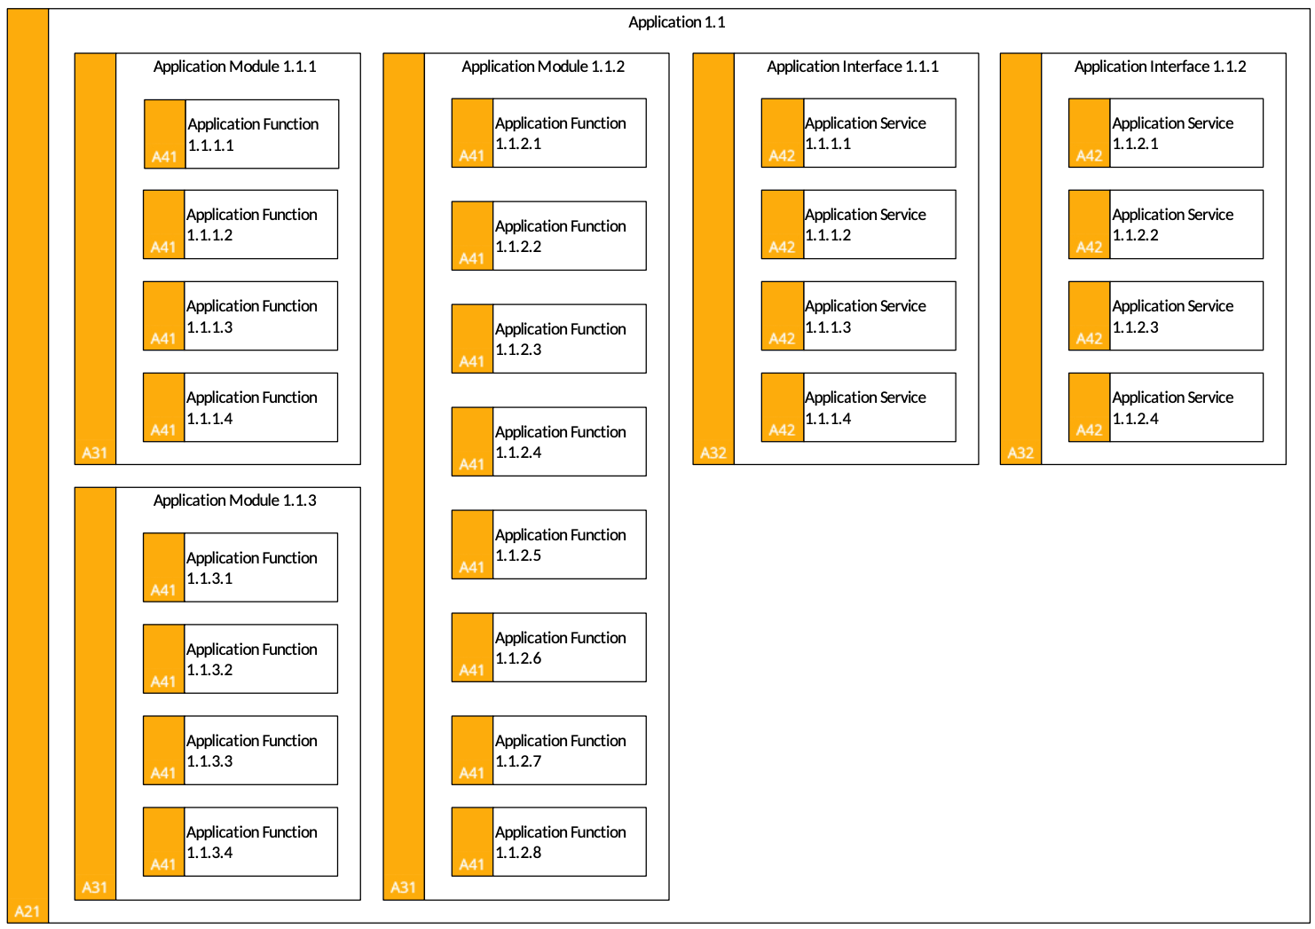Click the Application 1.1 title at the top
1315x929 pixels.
coord(676,22)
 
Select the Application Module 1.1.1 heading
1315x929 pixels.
coord(235,67)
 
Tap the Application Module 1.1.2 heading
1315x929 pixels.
coord(543,67)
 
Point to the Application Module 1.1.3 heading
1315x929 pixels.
coord(235,500)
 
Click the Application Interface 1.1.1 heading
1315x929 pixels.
coord(853,67)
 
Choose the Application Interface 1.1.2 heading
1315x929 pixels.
coord(1160,67)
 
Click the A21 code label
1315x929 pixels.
coord(27,911)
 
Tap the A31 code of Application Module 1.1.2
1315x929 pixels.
coord(404,887)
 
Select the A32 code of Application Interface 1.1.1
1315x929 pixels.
coord(713,453)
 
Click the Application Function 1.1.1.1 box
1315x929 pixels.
coord(241,134)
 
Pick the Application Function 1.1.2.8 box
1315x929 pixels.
coord(549,841)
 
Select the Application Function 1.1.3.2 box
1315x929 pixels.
coord(240,658)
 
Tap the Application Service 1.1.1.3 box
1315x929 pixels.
coord(858,316)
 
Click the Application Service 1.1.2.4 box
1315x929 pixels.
coord(1166,407)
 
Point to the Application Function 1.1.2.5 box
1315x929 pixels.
coord(549,545)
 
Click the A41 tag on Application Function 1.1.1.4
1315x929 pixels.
coord(163,430)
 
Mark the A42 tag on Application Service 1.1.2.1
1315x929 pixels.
coord(1089,155)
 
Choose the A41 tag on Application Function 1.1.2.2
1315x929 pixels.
coord(471,259)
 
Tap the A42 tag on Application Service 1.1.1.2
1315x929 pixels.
coord(782,247)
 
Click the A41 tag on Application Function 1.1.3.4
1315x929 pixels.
coord(163,864)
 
